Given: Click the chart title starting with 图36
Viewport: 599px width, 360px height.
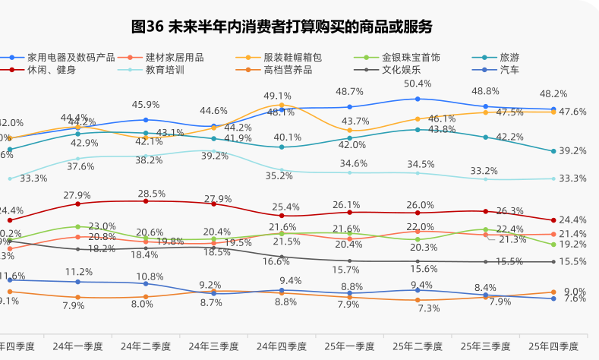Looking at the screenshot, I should click(282, 27).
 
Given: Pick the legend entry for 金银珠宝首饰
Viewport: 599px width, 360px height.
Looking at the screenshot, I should click(411, 57).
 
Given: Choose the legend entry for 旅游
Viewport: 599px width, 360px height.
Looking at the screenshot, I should click(509, 57).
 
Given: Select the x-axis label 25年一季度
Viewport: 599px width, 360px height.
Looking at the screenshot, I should click(350, 346).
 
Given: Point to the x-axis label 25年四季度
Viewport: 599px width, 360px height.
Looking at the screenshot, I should click(553, 346).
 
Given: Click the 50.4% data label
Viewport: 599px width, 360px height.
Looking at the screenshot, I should click(418, 84).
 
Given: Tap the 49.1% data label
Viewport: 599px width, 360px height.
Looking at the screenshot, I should click(278, 96).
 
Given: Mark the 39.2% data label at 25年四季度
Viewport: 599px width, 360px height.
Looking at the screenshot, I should click(572, 151).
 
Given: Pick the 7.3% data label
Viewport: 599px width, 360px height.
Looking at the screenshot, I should click(429, 308).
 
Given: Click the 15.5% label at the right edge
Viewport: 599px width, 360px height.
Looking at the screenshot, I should click(572, 261).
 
